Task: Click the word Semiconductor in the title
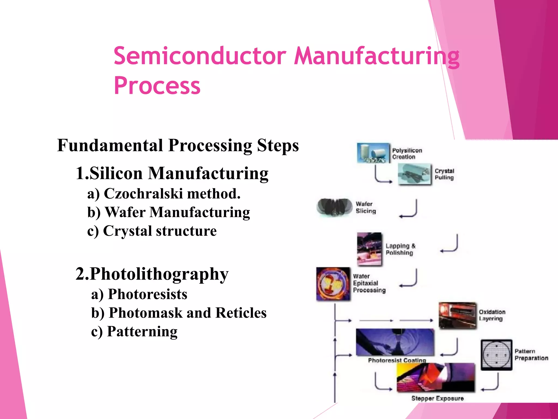[200, 56]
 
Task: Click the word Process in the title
[157, 86]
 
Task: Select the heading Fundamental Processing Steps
[178, 145]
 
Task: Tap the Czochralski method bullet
[164, 194]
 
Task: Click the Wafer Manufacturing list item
[168, 212]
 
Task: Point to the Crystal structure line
[152, 231]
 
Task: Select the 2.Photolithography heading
[152, 274]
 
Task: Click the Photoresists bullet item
[139, 294]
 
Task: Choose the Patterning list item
[134, 332]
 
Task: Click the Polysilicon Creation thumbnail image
[373, 153]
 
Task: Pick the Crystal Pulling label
[444, 174]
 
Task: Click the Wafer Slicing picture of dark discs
[335, 207]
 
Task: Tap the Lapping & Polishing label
[400, 249]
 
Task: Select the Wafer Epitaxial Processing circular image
[333, 284]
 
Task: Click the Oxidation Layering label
[492, 315]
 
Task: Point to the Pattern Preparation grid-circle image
[496, 355]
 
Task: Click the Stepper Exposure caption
[437, 398]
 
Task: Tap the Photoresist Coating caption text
[397, 360]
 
